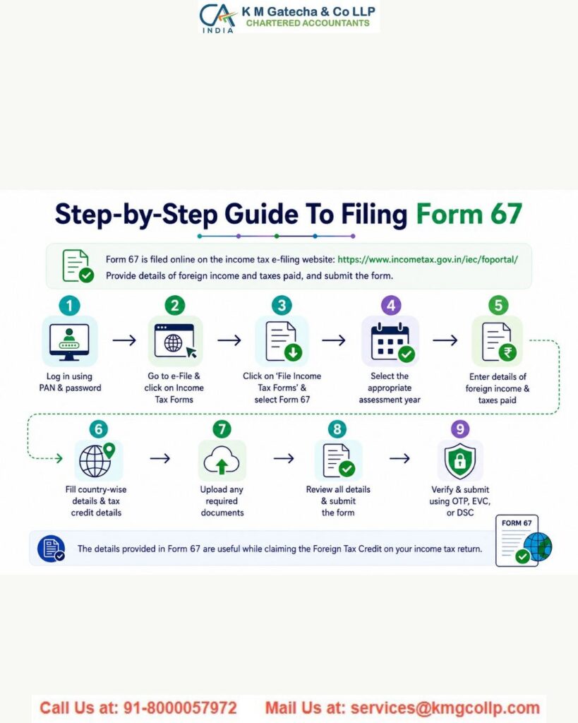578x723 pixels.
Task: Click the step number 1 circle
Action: pyautogui.click(x=70, y=305)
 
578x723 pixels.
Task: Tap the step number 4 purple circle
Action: pyautogui.click(x=391, y=305)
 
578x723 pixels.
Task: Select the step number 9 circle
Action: pyautogui.click(x=460, y=429)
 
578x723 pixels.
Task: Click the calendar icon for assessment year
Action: pyautogui.click(x=392, y=342)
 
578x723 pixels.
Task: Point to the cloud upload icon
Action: pyautogui.click(x=222, y=460)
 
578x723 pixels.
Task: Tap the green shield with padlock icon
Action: pyautogui.click(x=460, y=460)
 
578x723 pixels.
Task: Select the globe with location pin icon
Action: pyautogui.click(x=96, y=460)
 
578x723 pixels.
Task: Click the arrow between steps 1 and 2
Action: pyautogui.click(x=124, y=340)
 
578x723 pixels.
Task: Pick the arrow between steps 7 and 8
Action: pyautogui.click(x=284, y=458)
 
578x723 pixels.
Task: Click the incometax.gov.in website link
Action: pyautogui.click(x=428, y=259)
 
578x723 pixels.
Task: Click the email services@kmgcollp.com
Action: pyautogui.click(x=445, y=707)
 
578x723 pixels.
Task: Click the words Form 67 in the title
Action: pyautogui.click(x=469, y=215)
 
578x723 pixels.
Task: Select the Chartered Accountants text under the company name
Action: pyautogui.click(x=308, y=23)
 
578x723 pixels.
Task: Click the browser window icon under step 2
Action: pyautogui.click(x=175, y=341)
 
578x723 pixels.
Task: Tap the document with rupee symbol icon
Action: pyautogui.click(x=498, y=342)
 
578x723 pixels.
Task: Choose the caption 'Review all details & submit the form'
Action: pyautogui.click(x=338, y=501)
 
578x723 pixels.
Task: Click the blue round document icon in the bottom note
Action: pyautogui.click(x=51, y=549)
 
